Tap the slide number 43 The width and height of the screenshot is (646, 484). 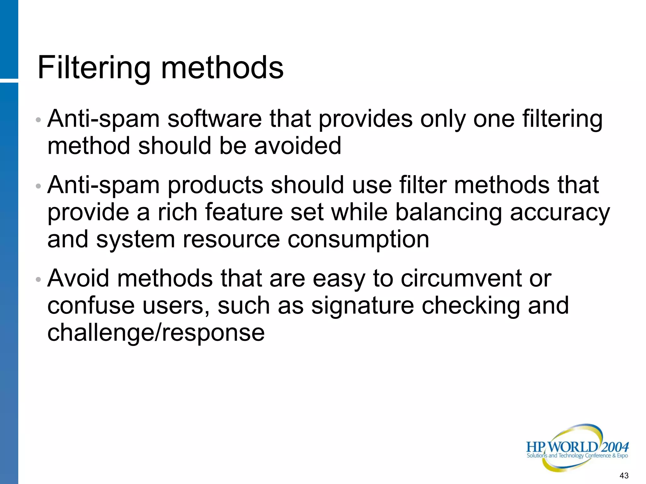click(x=624, y=475)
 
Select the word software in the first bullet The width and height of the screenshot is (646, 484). click(x=214, y=119)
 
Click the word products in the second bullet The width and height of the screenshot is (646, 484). click(x=215, y=185)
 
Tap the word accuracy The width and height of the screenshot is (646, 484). click(x=560, y=212)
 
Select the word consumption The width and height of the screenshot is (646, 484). click(x=358, y=239)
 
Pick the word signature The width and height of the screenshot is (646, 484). click(x=362, y=306)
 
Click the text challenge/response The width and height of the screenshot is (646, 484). click(x=156, y=333)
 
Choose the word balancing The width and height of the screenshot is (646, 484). click(x=448, y=212)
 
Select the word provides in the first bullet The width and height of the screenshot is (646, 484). click(x=365, y=119)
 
